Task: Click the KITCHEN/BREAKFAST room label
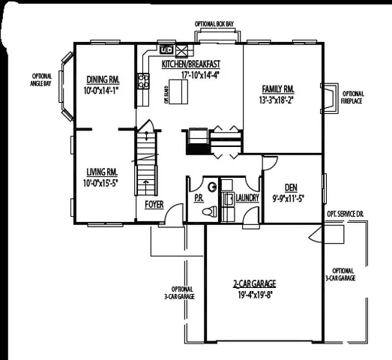click(x=190, y=64)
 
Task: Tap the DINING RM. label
click(x=102, y=79)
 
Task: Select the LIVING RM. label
click(x=101, y=171)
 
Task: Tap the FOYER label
click(x=154, y=203)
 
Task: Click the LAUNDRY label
click(x=247, y=198)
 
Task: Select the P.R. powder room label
click(x=199, y=198)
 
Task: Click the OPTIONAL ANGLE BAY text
click(x=41, y=79)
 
